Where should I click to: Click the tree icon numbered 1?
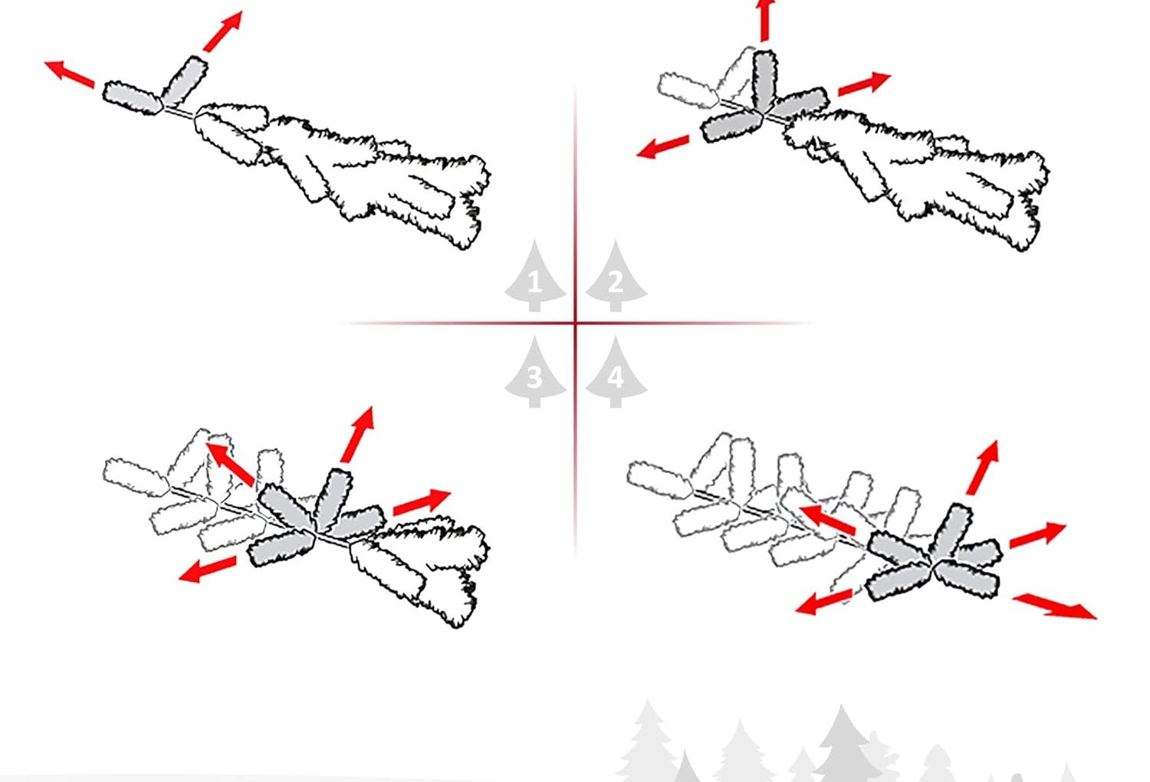click(x=534, y=278)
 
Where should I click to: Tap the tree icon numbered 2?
click(x=616, y=278)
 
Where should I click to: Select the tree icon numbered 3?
click(x=534, y=374)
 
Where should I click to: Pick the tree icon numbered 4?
click(x=616, y=374)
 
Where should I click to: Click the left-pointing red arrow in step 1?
click(x=69, y=74)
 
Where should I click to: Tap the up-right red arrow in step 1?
click(x=223, y=31)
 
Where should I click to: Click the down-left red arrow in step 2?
click(x=663, y=147)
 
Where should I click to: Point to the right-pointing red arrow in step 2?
click(x=864, y=84)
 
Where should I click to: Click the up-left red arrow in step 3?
click(x=231, y=464)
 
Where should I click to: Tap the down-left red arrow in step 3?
click(x=208, y=570)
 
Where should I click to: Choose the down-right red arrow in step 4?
click(x=1054, y=606)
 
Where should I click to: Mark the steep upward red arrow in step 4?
click(x=983, y=467)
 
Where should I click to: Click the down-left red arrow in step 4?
click(x=824, y=602)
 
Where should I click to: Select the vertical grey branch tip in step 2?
click(x=764, y=81)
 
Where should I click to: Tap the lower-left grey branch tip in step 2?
click(x=731, y=126)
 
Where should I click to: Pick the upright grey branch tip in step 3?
click(x=333, y=499)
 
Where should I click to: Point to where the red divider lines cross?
click(x=575, y=323)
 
